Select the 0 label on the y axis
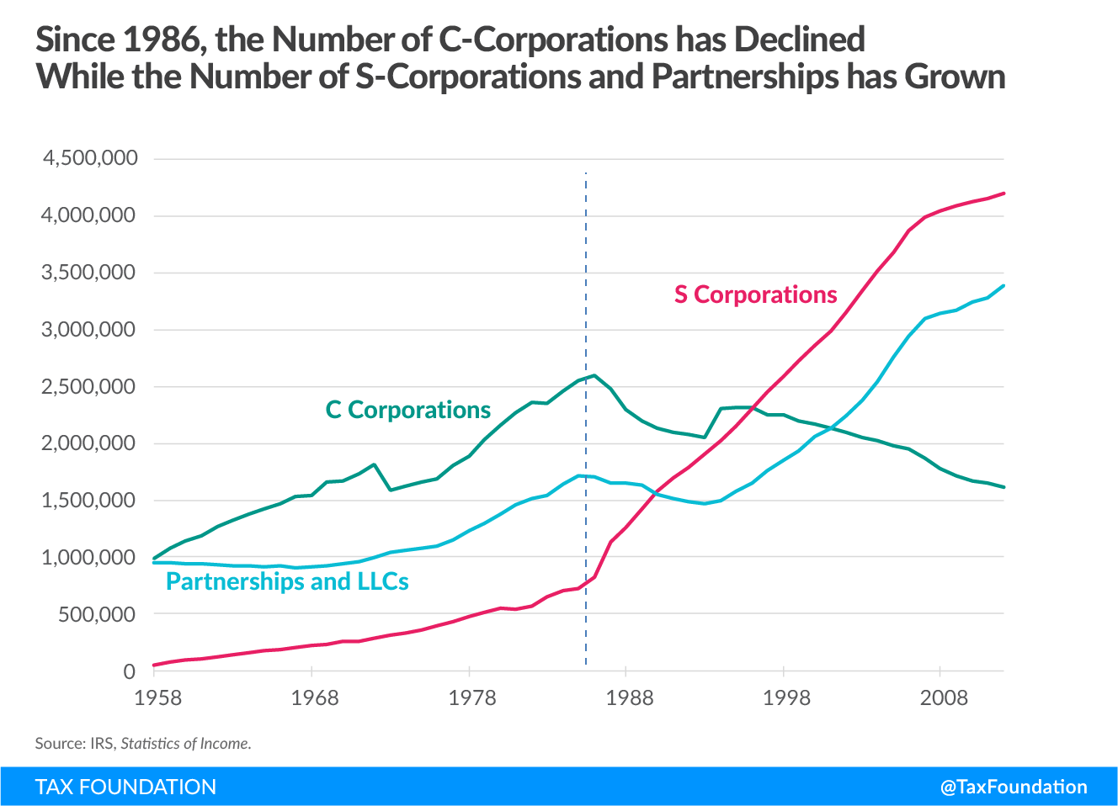pos(129,671)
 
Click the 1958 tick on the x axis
pos(157,697)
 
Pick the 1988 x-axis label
pos(629,697)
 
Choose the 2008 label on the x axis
pos(944,697)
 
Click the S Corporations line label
pos(755,294)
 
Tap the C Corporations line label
pos(407,410)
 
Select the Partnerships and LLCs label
pos(287,581)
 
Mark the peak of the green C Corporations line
pos(594,375)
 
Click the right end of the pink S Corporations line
pos(1004,194)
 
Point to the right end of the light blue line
pos(1004,286)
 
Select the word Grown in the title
pos(955,77)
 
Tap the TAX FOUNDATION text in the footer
pos(125,787)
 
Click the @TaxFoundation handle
pos(1014,787)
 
